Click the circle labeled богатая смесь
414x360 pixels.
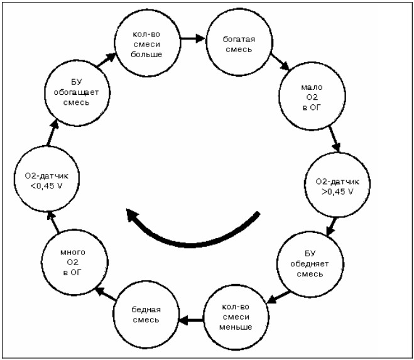click(x=239, y=43)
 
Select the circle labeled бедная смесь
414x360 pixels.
click(x=146, y=314)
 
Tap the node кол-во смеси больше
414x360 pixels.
click(x=148, y=44)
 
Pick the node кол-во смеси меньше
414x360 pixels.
click(x=236, y=317)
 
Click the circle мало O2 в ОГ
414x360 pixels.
click(x=312, y=97)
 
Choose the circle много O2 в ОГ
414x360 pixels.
click(x=75, y=262)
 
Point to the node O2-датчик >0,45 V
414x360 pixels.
click(x=337, y=184)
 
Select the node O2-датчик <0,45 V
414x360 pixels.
click(x=46, y=179)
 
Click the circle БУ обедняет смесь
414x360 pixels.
click(x=310, y=264)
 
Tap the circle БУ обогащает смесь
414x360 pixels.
click(x=77, y=93)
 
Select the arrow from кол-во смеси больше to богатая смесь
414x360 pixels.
click(x=193, y=38)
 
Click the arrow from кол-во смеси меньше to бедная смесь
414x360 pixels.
click(x=191, y=320)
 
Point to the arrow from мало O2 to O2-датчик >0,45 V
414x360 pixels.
click(x=334, y=139)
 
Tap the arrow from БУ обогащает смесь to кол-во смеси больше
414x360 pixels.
click(x=107, y=60)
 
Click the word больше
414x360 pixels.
click(x=146, y=55)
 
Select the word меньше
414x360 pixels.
click(x=236, y=327)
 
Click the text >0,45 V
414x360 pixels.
click(x=337, y=192)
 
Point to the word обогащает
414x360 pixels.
click(x=76, y=92)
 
